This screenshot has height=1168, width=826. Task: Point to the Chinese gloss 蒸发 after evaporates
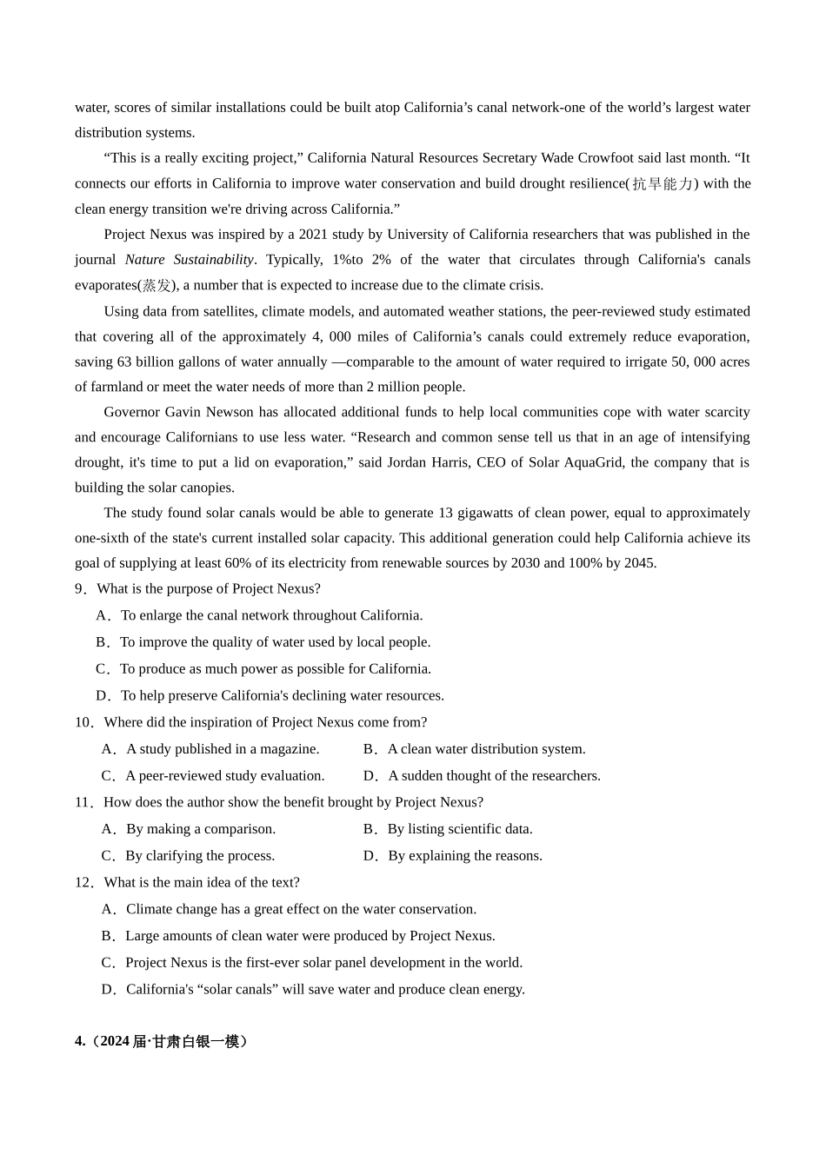[x=157, y=285]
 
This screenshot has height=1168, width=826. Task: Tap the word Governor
[x=130, y=412]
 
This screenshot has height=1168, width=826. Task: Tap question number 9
[x=81, y=589]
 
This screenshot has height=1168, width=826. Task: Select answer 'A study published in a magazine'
[x=222, y=749]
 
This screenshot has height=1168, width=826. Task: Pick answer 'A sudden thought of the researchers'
[x=494, y=776]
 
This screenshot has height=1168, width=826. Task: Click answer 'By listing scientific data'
[x=459, y=829]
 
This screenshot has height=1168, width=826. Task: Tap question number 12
[x=83, y=883]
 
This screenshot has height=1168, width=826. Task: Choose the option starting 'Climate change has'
[x=300, y=909]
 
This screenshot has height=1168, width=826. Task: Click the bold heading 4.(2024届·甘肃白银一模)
[x=162, y=1041]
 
